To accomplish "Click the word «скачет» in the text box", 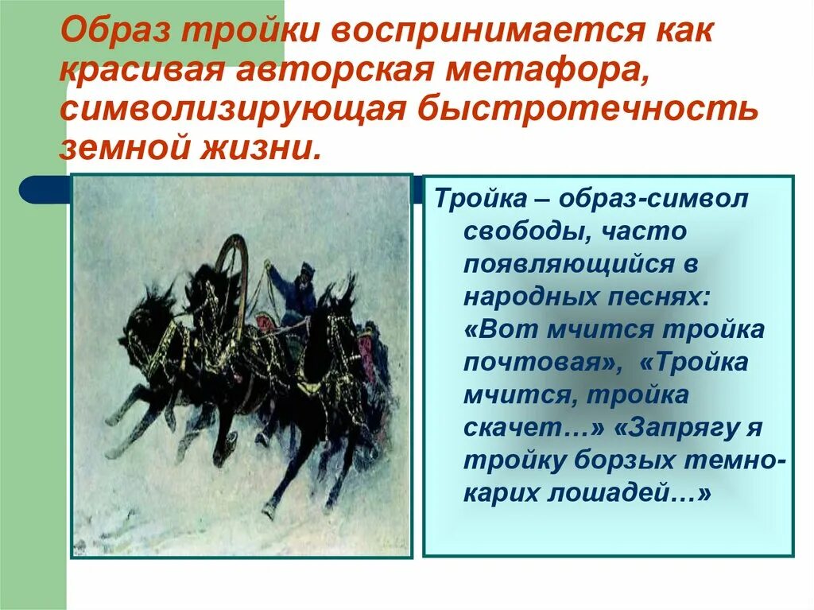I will [x=513, y=427].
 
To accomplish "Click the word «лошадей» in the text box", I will [x=625, y=493].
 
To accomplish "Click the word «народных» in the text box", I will [x=525, y=297].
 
